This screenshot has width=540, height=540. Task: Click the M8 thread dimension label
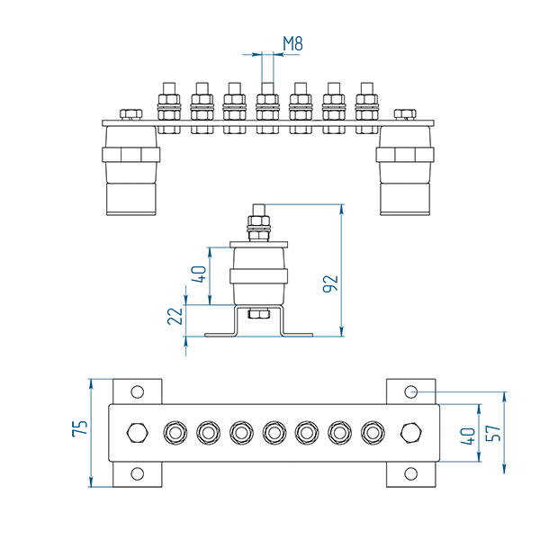click(x=292, y=42)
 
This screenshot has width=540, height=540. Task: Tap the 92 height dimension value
click(x=330, y=283)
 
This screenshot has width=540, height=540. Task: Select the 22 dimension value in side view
click(x=175, y=316)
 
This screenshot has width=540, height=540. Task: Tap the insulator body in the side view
click(x=260, y=275)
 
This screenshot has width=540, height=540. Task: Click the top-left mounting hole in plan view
click(x=137, y=391)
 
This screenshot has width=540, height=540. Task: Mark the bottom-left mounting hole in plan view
click(x=137, y=473)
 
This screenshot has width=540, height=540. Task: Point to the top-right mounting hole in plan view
click(x=411, y=391)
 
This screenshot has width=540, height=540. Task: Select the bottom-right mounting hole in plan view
click(x=411, y=473)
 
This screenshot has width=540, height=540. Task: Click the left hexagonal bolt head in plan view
click(x=137, y=432)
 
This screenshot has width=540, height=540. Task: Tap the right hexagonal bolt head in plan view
click(x=411, y=432)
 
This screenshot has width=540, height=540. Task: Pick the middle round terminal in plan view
click(x=274, y=433)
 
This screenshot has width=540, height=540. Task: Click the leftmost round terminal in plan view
click(x=173, y=433)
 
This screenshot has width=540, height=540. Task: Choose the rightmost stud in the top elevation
click(x=366, y=106)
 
